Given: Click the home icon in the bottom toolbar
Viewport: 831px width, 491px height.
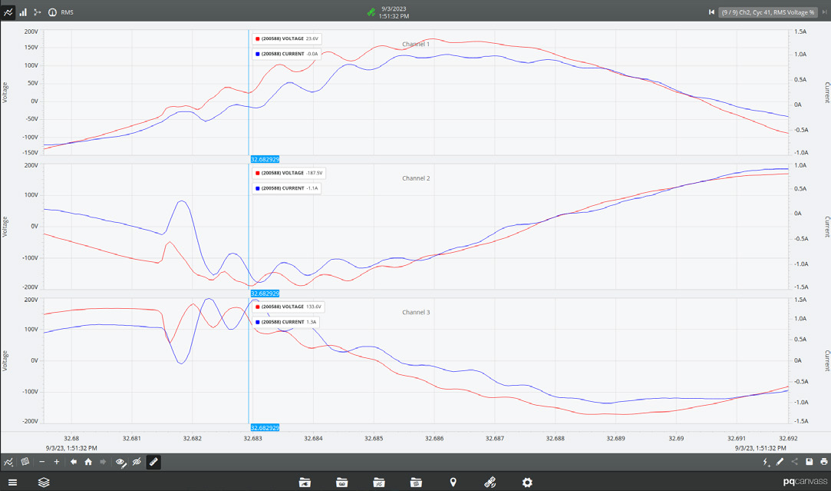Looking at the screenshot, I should (x=88, y=462).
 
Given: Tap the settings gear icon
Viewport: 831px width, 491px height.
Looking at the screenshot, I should (x=527, y=482).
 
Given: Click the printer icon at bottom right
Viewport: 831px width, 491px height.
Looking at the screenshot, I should (x=823, y=462).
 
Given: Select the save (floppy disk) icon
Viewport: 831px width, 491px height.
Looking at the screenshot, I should (x=810, y=462).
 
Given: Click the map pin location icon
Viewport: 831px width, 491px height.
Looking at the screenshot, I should (x=453, y=482).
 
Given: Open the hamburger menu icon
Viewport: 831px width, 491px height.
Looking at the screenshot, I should (x=12, y=482).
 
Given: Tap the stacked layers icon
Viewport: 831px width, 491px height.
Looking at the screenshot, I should (x=44, y=482).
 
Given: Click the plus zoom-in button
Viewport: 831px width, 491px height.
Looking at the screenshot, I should (x=57, y=462).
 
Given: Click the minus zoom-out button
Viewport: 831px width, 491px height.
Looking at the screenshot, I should (x=41, y=462).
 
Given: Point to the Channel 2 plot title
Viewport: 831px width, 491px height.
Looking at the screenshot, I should (x=416, y=178).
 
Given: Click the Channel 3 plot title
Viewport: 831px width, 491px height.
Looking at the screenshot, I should (x=416, y=313).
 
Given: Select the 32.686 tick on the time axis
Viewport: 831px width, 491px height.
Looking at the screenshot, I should (x=434, y=439).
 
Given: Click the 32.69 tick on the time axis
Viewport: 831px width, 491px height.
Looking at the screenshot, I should (x=675, y=439).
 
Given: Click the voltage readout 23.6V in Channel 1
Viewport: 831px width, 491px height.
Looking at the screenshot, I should (x=312, y=38).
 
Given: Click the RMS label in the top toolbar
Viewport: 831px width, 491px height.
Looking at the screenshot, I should (x=67, y=12).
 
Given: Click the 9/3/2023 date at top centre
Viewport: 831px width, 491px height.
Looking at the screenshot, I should (x=393, y=8).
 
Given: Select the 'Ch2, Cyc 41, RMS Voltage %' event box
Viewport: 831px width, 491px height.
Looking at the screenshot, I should (x=768, y=12).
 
